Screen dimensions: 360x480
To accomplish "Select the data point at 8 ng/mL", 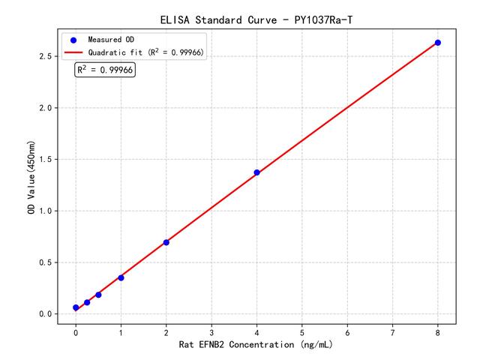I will pos(438,43).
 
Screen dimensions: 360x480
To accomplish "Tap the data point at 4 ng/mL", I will pos(256,172).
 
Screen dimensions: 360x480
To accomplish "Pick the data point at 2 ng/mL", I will pos(166,242).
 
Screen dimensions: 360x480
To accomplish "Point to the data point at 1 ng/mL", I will pos(121,277).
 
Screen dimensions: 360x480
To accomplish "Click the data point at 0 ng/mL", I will pos(76,307).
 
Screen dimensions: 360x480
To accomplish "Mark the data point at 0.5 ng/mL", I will pos(98,295).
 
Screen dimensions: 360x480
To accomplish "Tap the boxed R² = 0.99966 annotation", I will pos(105,70).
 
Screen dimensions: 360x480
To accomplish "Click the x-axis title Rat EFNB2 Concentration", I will pos(256,346).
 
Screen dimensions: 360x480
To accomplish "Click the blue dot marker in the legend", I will pos(73,40).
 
